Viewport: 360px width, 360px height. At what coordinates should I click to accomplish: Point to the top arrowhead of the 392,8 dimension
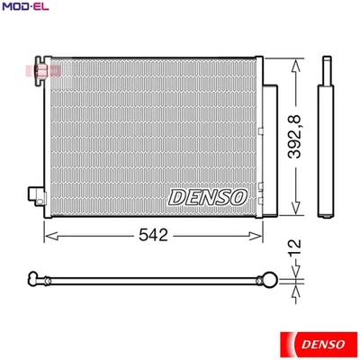point(297,63)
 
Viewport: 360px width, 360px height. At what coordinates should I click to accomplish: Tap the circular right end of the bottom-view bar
point(267,279)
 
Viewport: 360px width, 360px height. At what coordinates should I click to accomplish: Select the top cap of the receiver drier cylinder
point(324,62)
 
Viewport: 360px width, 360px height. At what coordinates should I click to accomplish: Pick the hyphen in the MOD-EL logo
point(24,7)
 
